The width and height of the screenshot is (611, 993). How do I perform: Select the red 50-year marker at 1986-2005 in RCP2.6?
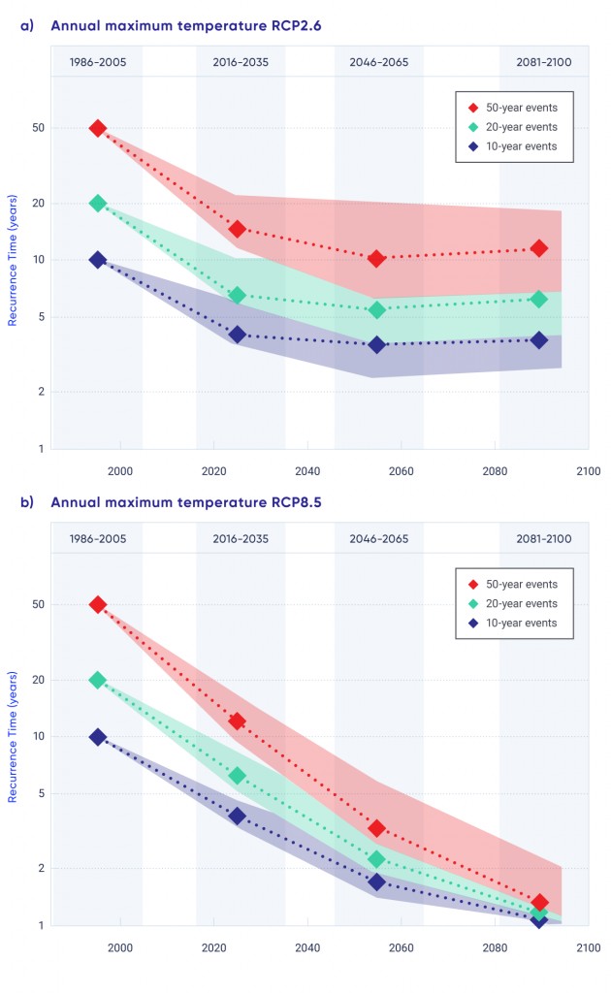pos(98,128)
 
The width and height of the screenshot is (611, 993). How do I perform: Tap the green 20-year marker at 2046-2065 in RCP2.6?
pos(377,310)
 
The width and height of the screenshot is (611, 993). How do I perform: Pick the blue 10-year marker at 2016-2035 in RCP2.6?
pos(238,335)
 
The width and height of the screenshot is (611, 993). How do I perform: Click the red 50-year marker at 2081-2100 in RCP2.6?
pos(539,248)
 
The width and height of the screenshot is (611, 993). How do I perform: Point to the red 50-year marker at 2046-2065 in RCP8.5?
pos(377,828)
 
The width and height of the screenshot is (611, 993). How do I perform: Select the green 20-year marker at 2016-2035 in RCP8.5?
pos(238,776)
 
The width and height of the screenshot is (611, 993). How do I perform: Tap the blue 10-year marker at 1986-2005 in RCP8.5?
pos(98,737)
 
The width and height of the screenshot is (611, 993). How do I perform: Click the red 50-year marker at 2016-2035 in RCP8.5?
pos(238,721)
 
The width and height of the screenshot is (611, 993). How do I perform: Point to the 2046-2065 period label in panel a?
pos(378,63)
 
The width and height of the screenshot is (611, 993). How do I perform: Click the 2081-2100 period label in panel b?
pos(544,539)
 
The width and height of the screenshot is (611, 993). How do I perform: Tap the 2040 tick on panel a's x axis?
pos(307,470)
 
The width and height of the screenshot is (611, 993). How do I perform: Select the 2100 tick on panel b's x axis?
pos(587,946)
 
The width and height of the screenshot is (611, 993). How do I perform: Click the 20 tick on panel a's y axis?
pos(38,204)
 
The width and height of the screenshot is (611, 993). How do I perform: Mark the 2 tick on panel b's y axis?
pos(41,868)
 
